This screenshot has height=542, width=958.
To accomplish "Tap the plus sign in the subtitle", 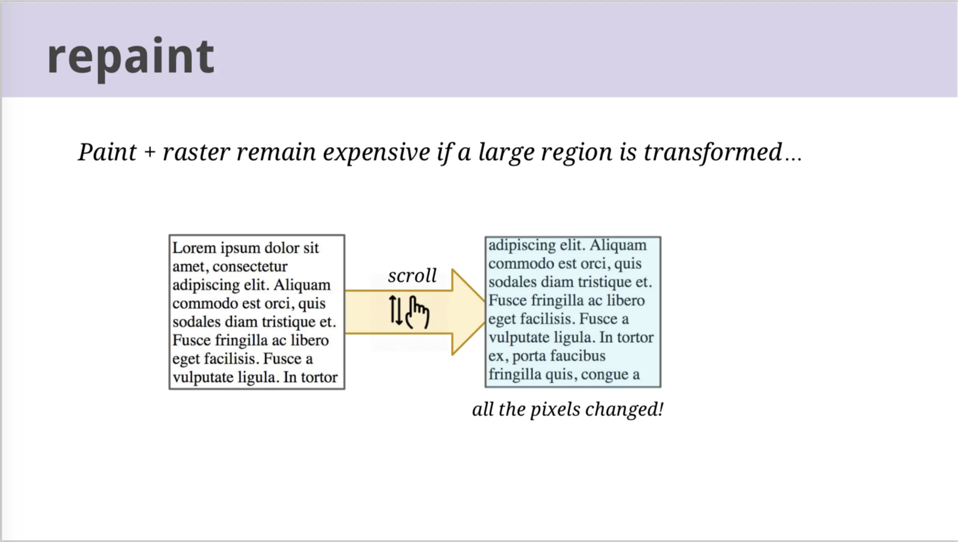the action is [x=150, y=153].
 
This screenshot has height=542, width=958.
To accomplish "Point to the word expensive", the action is [x=376, y=153].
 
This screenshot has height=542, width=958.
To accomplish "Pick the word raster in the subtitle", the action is [x=196, y=153].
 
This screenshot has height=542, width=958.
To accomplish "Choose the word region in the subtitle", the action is [x=577, y=153].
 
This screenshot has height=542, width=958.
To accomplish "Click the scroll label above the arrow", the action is [x=412, y=276].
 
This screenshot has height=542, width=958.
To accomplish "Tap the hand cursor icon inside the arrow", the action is [x=417, y=312].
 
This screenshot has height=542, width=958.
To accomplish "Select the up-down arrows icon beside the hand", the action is [x=396, y=310].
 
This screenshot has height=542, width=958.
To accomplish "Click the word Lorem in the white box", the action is [x=194, y=248].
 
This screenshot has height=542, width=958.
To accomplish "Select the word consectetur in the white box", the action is [x=250, y=266].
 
